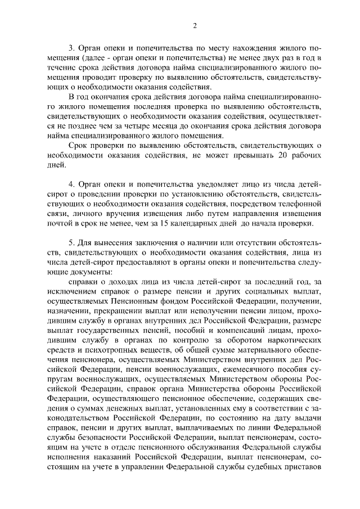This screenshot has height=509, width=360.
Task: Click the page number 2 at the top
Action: click(195, 25)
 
